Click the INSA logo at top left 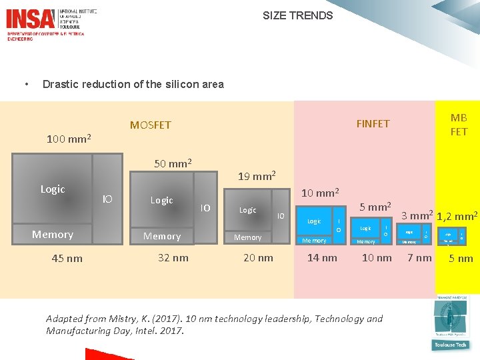pos(30,17)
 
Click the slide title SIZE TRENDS pos(297,15)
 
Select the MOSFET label pos(150,125)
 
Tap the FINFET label pos(373,123)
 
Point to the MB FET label pos(459,125)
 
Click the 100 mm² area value pos(69,139)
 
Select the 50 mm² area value pos(173,163)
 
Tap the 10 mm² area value pos(321,193)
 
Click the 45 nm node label pos(67,259)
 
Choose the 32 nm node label pos(173,258)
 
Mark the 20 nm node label pos(258,258)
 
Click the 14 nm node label pos(321,258)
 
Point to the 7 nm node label pos(419,258)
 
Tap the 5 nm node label pos(461,259)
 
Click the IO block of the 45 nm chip pos(107,198)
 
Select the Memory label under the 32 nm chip pos(162,236)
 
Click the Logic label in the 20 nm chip pos(248,210)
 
